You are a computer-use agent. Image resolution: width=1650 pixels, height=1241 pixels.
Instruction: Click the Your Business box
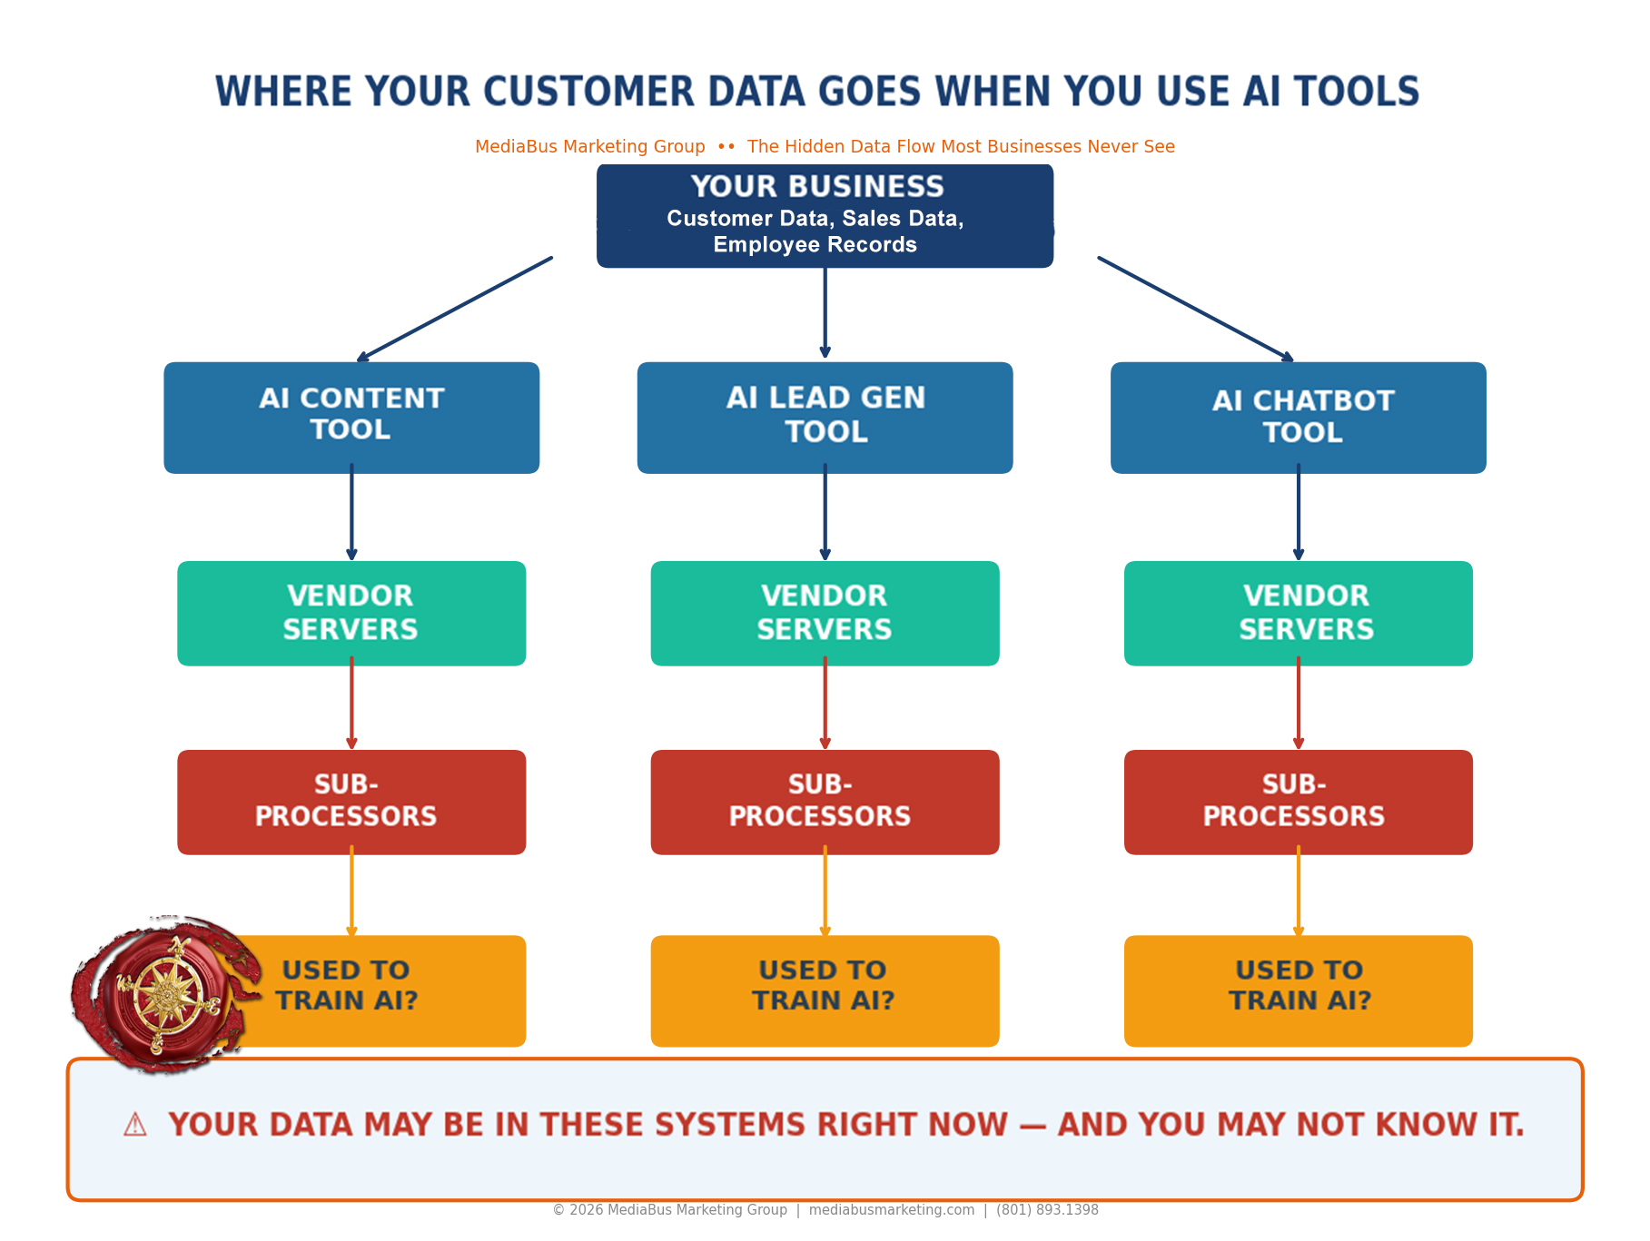(x=825, y=216)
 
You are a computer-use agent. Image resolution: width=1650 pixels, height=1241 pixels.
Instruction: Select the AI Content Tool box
(x=351, y=418)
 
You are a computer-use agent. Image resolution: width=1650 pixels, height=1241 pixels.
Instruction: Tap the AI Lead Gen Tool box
(x=825, y=418)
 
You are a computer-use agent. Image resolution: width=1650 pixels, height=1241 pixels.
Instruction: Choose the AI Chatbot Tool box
(x=1299, y=418)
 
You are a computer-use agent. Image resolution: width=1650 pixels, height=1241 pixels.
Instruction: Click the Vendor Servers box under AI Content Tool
(x=351, y=614)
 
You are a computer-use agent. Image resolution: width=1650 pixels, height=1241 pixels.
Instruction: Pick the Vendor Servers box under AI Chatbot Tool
(x=1299, y=614)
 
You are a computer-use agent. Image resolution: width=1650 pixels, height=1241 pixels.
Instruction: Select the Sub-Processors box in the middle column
(x=825, y=803)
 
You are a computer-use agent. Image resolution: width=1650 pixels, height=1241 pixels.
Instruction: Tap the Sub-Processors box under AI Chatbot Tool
(x=1299, y=803)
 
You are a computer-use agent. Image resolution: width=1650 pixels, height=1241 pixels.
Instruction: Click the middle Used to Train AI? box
(x=825, y=991)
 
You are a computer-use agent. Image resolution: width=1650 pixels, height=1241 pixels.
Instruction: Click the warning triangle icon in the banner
(x=135, y=1125)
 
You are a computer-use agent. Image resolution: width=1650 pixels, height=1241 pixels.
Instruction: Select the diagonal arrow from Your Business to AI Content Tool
(x=455, y=310)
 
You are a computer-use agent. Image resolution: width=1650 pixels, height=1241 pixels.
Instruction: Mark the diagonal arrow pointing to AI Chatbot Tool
(x=1196, y=310)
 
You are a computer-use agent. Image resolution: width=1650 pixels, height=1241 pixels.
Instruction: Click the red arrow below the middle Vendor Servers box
(x=825, y=704)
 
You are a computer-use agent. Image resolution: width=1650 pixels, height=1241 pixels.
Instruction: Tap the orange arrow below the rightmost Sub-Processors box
(x=1299, y=891)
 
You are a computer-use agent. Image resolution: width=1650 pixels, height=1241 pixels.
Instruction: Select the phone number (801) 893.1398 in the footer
(x=1047, y=1210)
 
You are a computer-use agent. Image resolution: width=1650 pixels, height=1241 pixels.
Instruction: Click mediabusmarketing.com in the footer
(x=892, y=1210)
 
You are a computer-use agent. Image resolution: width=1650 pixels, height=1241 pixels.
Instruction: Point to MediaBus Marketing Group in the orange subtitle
(x=590, y=146)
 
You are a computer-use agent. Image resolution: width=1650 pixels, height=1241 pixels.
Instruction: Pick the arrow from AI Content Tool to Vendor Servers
(x=351, y=512)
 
